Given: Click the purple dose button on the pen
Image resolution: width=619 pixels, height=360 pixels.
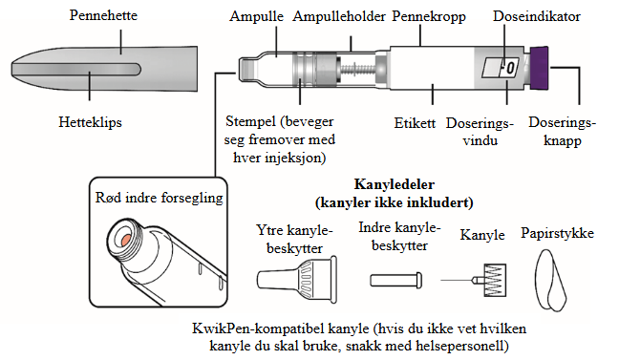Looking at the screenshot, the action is click(x=540, y=68).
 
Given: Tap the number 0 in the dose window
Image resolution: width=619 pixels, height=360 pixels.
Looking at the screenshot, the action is click(x=510, y=68).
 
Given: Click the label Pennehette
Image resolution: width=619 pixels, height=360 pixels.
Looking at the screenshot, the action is click(x=103, y=15).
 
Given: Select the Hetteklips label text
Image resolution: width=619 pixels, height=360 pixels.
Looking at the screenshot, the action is click(x=90, y=122).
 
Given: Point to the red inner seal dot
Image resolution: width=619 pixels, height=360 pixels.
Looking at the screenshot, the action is click(x=126, y=240).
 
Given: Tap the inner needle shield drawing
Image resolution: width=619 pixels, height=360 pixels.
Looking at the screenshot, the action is click(x=396, y=280).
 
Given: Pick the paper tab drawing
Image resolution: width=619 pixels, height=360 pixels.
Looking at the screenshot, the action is click(x=550, y=280).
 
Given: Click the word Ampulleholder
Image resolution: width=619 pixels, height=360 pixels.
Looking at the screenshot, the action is click(x=339, y=16).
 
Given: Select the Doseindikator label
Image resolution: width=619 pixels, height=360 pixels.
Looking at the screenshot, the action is click(x=537, y=16).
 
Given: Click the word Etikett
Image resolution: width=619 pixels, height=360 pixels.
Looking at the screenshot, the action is click(x=415, y=123).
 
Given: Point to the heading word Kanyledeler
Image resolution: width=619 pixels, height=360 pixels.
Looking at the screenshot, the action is click(x=395, y=184).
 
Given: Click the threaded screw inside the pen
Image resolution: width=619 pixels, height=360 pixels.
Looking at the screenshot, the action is click(x=357, y=70).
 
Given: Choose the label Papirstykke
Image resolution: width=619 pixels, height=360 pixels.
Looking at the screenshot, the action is click(x=557, y=233).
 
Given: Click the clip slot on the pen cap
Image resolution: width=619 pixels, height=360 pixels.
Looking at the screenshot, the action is click(x=76, y=69).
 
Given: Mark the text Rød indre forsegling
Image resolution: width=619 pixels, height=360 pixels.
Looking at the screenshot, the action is click(x=160, y=198).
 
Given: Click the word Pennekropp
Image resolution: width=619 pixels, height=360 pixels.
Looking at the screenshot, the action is click(x=429, y=16).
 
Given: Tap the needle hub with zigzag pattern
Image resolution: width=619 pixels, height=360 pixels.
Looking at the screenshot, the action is click(x=495, y=280).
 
